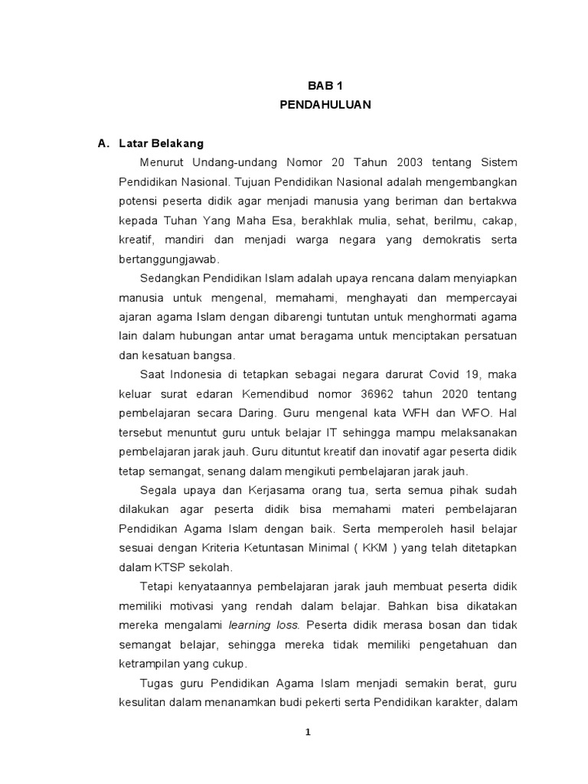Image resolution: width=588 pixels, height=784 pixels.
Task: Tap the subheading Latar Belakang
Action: [161, 144]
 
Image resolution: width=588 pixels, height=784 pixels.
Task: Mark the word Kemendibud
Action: [299, 394]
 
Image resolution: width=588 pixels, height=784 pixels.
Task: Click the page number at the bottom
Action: [308, 731]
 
